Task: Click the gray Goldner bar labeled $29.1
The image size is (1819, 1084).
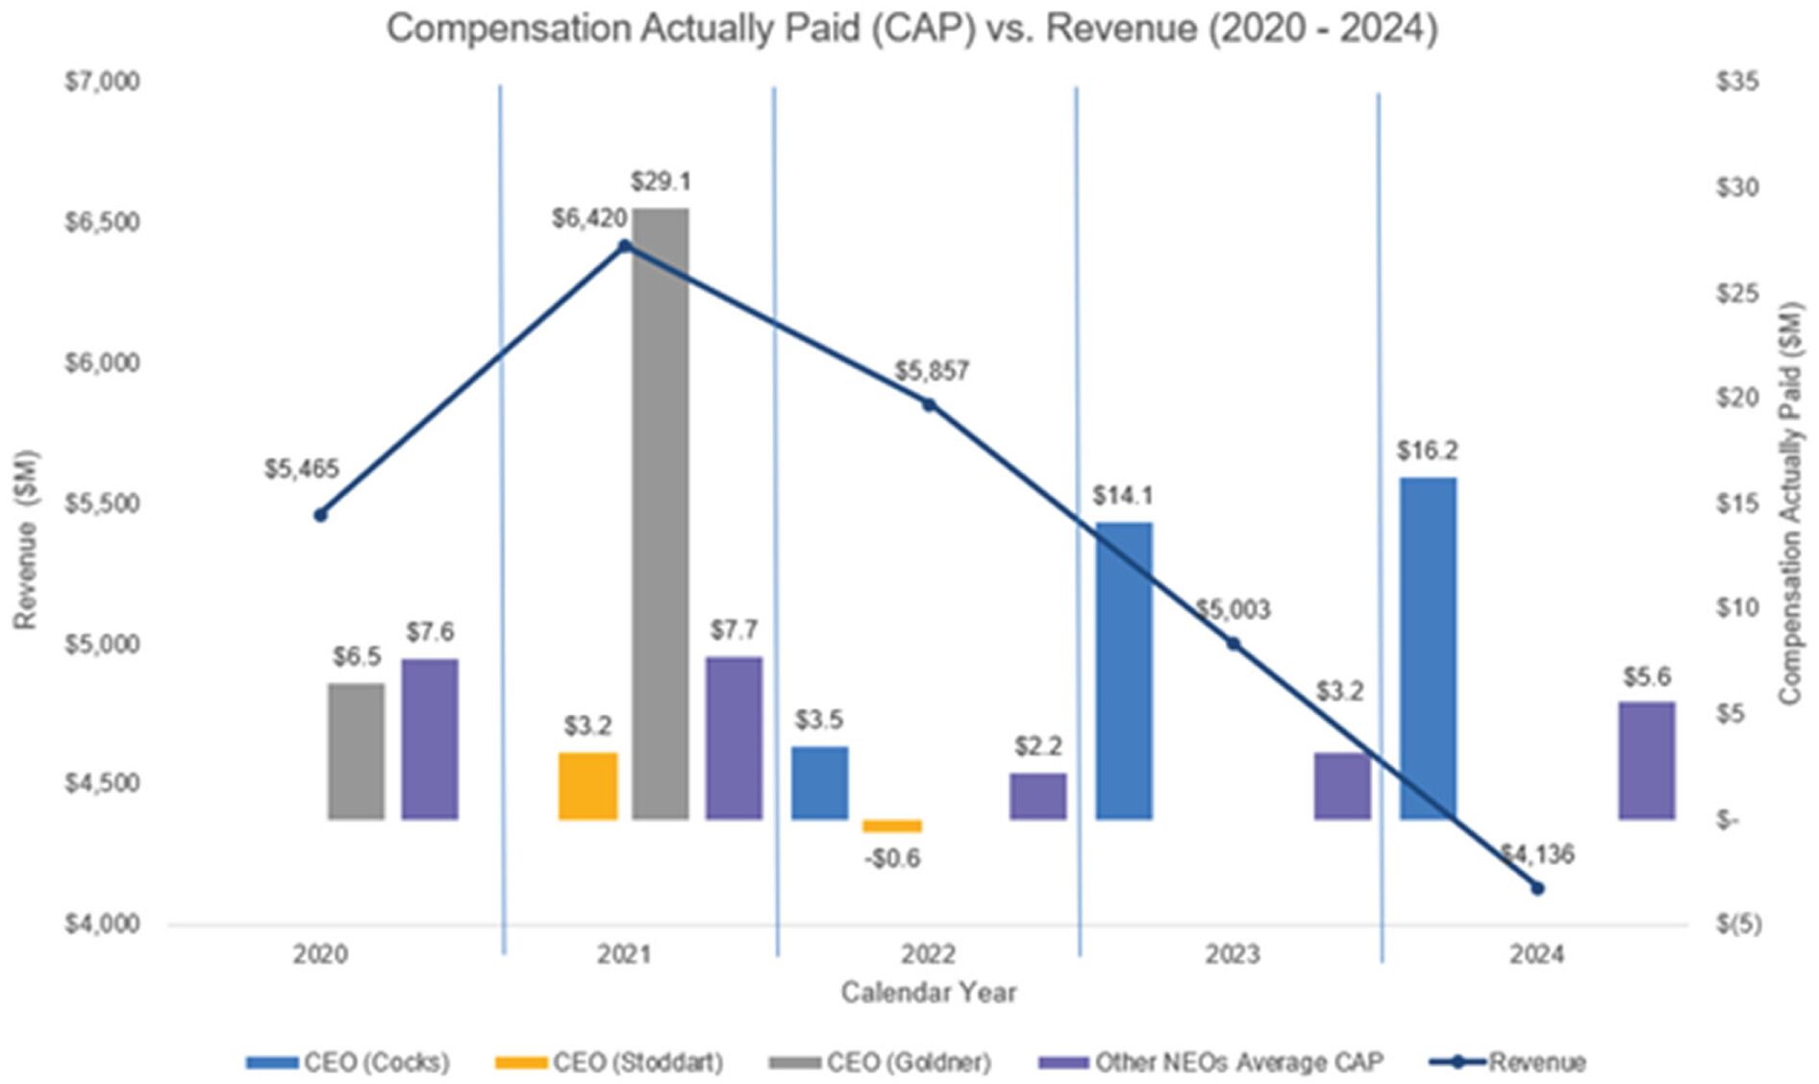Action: point(660,513)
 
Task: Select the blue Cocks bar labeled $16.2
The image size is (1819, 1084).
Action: point(1427,648)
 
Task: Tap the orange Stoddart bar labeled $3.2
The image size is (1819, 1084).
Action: point(587,785)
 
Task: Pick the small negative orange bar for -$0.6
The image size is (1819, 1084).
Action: point(891,825)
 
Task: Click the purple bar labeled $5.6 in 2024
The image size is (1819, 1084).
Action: point(1646,760)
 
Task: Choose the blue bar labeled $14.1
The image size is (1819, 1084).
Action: point(1123,671)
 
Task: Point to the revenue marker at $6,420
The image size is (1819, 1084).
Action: point(625,246)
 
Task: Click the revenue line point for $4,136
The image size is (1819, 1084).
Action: point(1536,888)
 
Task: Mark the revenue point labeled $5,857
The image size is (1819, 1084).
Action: point(929,406)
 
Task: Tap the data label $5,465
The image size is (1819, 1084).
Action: point(302,469)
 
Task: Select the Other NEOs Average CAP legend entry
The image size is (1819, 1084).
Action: point(1238,1062)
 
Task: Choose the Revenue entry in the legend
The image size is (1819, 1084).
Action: point(1536,1062)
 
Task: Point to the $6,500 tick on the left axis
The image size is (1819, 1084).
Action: point(102,222)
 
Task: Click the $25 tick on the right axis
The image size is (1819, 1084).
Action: point(1736,292)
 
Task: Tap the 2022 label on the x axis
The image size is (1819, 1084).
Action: point(928,954)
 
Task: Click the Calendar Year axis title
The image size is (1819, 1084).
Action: point(928,992)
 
